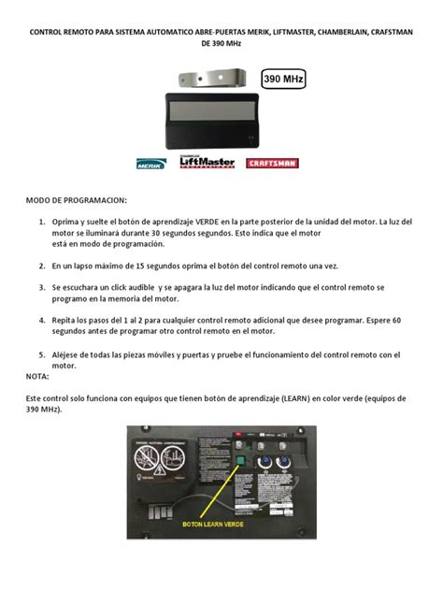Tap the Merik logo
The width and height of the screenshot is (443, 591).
pos(150,163)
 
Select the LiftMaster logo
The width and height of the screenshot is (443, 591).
pos(207,162)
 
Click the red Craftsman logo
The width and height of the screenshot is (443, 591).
pos(273,163)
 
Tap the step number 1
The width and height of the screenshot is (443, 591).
pos(42,223)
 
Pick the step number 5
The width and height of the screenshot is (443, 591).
pos(42,354)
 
